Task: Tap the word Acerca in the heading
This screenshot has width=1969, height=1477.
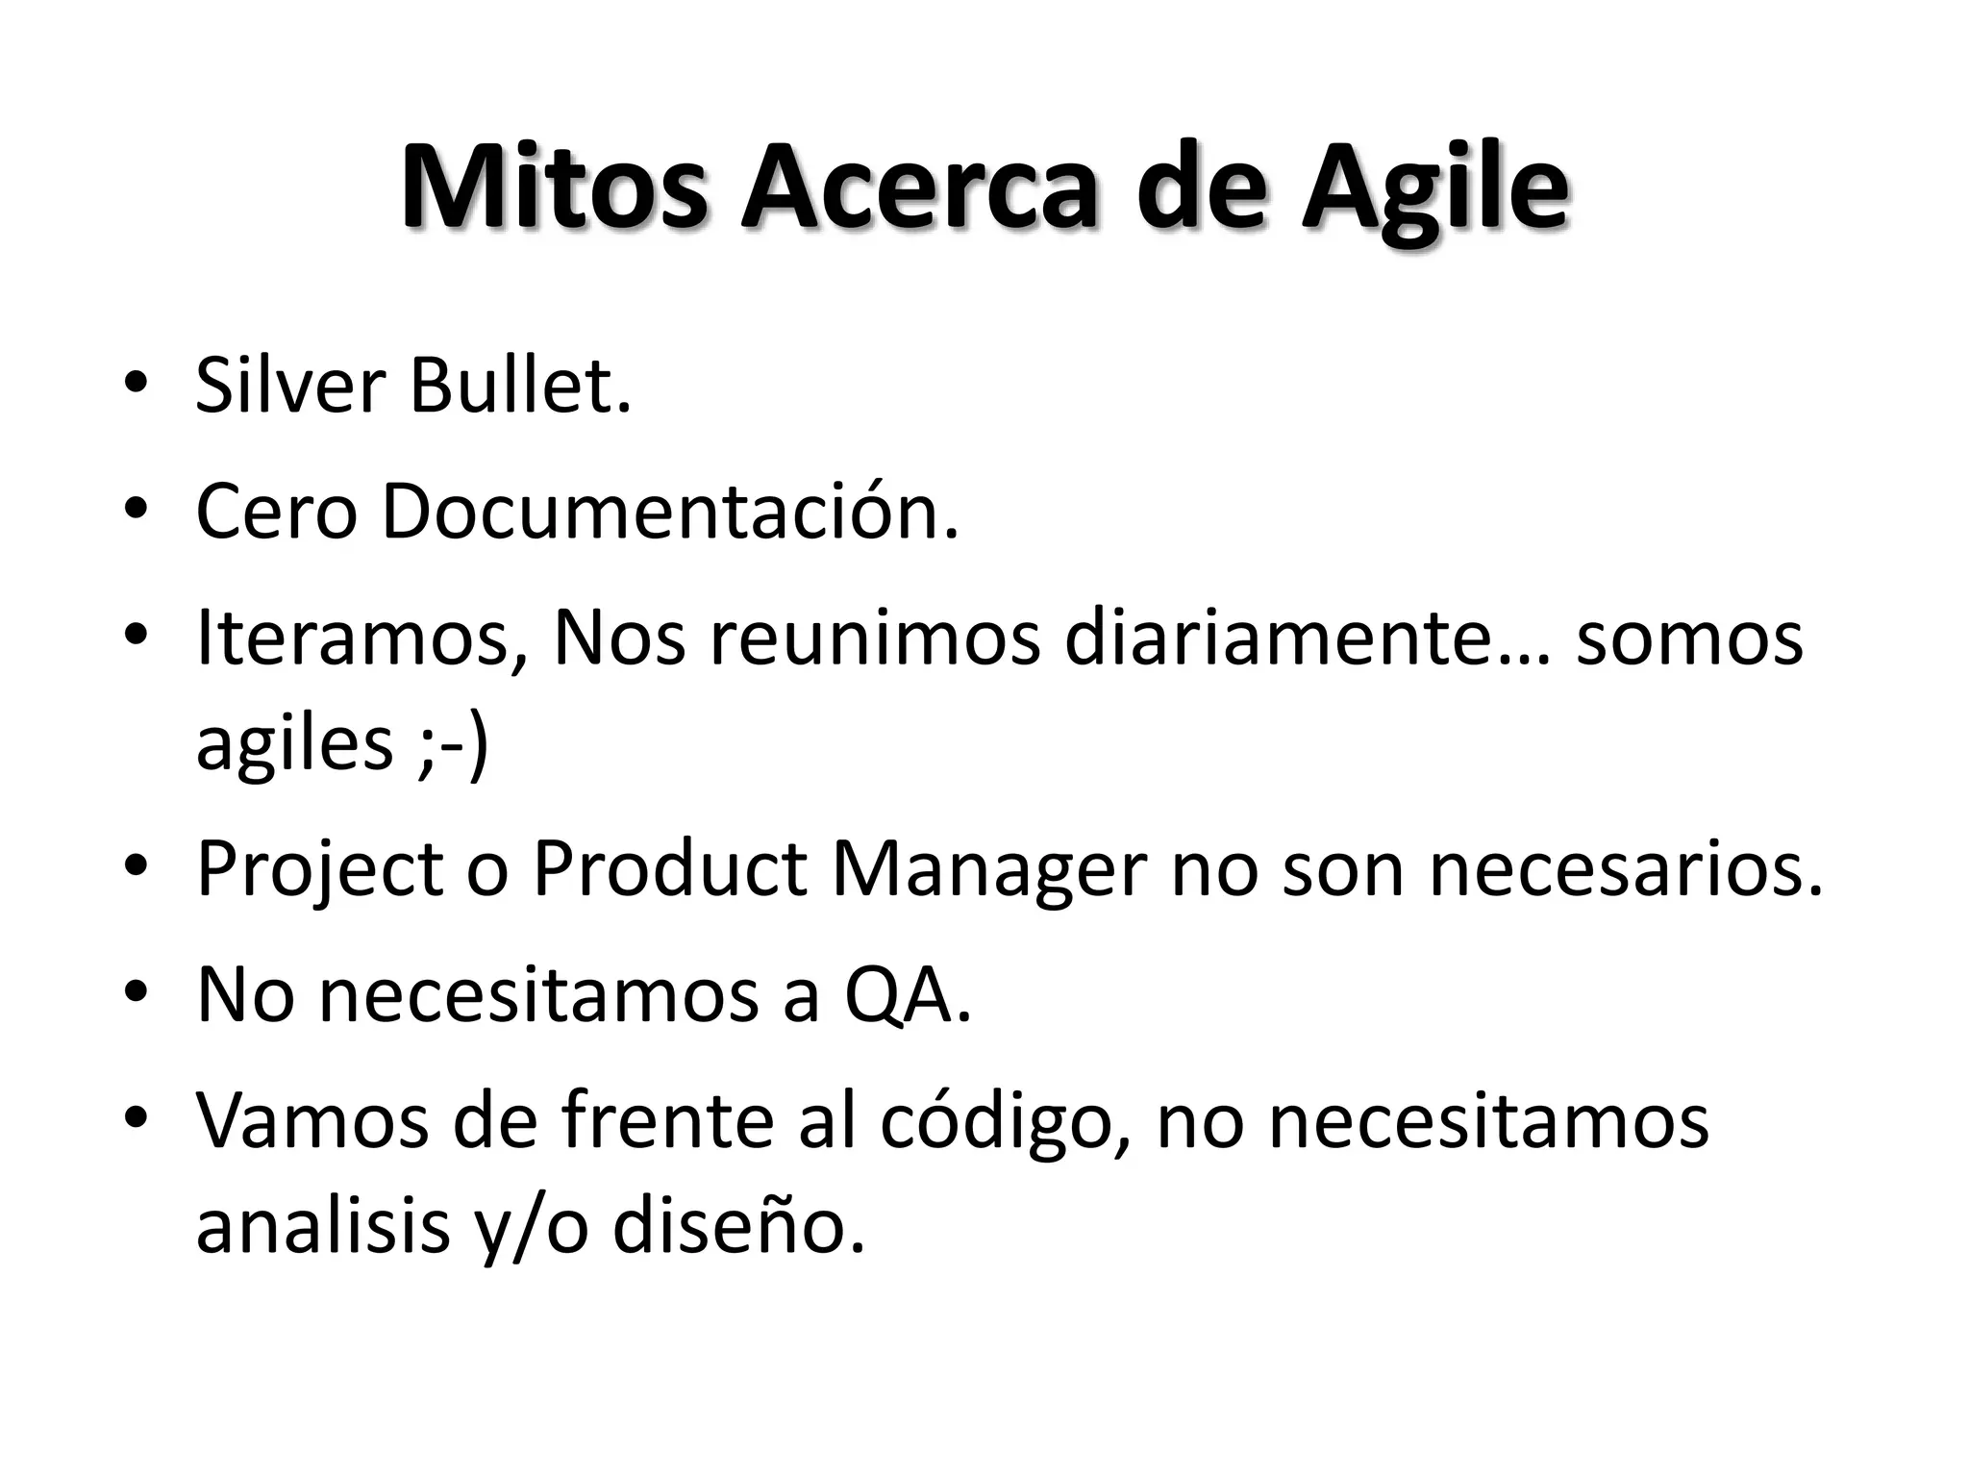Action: [x=918, y=187]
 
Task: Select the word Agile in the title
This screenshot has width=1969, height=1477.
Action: [x=1434, y=187]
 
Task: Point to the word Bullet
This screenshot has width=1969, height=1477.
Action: [x=518, y=387]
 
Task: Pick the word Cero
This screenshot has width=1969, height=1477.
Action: [x=276, y=513]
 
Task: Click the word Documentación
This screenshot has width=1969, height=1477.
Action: [x=670, y=511]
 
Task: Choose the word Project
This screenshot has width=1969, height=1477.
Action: [x=319, y=870]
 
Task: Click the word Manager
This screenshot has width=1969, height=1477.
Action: [x=988, y=870]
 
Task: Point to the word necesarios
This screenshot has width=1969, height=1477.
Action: [x=1626, y=870]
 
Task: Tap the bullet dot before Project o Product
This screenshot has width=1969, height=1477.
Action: [x=136, y=864]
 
